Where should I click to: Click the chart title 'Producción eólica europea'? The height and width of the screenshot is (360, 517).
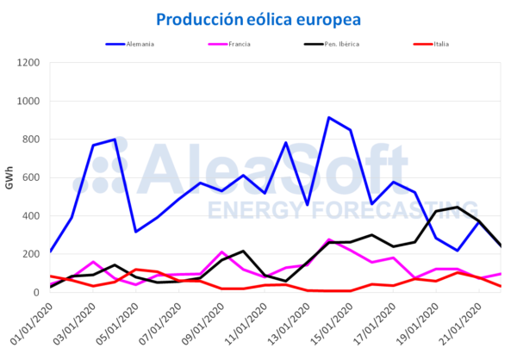258,19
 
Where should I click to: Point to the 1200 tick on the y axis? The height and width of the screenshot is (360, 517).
29,63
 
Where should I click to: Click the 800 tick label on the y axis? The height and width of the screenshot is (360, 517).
32,140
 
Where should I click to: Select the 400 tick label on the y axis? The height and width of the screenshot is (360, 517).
32,216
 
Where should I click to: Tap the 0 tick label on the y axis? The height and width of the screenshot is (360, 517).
38,293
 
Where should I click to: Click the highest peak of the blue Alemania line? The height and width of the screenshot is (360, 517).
329,118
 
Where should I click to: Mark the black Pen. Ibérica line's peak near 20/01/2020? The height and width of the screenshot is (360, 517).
458,207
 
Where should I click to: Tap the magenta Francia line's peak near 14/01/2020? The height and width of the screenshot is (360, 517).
329,240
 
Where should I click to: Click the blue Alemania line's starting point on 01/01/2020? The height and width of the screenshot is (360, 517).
51,251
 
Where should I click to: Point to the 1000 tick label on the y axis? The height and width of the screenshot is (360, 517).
29,101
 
